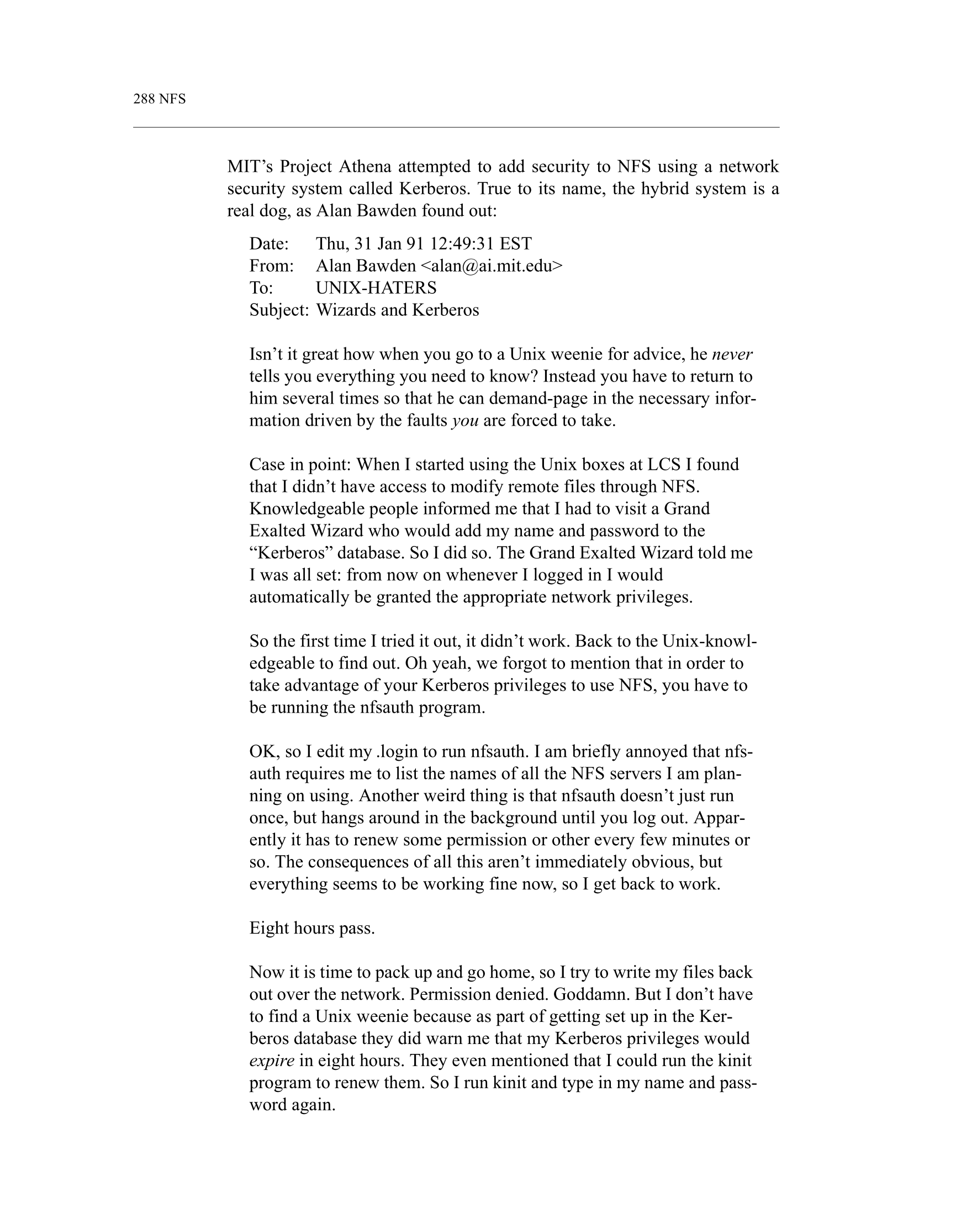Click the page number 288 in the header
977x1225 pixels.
click(144, 99)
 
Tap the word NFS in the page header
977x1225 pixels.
click(172, 99)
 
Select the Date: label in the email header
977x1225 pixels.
click(270, 244)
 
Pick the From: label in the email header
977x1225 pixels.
click(272, 266)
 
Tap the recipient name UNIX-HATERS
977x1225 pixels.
click(376, 288)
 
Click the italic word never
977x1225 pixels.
click(732, 354)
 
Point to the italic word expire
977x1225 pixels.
click(272, 1061)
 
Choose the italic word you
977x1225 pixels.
click(465, 421)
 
